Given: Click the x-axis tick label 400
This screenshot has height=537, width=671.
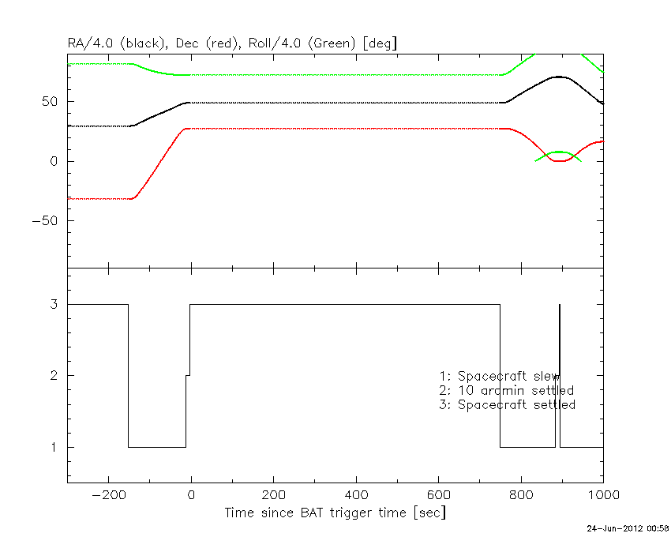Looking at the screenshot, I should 356,495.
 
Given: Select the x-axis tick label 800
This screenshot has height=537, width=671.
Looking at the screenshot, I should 521,495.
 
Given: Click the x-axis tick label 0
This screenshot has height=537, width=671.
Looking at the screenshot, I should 191,495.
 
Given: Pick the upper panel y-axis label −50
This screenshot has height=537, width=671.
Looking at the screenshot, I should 47,220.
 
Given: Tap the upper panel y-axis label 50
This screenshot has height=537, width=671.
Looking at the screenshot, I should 52,101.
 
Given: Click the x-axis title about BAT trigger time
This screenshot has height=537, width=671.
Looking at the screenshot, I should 335,513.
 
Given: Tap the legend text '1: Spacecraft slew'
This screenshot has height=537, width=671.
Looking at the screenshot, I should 500,376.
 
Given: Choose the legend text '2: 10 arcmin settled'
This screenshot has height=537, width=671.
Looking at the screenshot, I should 506,390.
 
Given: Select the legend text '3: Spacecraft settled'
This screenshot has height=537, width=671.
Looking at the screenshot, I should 507,404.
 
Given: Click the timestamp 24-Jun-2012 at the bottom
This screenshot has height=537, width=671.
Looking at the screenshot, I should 627,527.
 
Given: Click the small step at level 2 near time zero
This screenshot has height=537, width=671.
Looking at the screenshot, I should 188,375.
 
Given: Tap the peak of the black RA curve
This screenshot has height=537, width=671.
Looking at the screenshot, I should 559,77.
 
